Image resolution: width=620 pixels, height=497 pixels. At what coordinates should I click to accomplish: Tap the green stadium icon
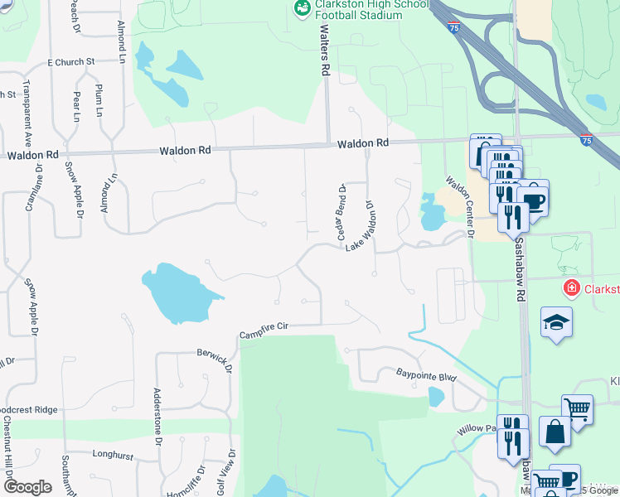(x=303, y=9)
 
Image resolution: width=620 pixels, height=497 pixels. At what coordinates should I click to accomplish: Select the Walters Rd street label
(x=325, y=50)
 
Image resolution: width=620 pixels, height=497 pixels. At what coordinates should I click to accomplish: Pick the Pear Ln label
(x=76, y=104)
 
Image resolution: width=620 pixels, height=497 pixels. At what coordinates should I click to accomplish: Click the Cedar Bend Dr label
(x=340, y=212)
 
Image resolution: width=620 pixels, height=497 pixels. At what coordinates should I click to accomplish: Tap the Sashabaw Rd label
(x=520, y=265)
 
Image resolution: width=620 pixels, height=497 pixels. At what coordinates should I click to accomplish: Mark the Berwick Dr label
(x=213, y=357)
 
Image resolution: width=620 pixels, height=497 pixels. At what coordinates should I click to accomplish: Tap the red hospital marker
(x=571, y=289)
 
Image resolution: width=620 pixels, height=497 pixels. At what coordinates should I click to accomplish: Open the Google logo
(x=27, y=486)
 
